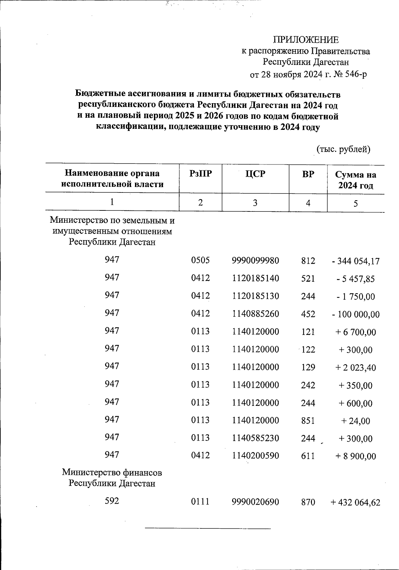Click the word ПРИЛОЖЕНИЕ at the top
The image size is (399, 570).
[x=306, y=40]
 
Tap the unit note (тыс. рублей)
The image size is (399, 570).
[x=343, y=149]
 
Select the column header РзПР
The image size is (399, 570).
[x=200, y=173]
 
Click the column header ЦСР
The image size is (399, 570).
[x=255, y=173]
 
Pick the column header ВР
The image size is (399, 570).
[x=308, y=173]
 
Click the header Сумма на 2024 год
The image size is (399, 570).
[x=355, y=180]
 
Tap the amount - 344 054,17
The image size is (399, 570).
[x=355, y=261]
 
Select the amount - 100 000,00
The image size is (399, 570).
[x=355, y=314]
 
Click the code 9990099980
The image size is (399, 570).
[x=255, y=260]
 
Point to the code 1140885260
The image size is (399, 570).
[x=255, y=314]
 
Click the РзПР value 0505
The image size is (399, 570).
[x=200, y=260]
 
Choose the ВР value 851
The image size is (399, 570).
[x=308, y=421]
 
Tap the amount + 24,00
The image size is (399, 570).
[x=355, y=421]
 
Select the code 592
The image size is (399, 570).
[x=112, y=501]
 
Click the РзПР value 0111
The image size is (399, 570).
[x=200, y=502]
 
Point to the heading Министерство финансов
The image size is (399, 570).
[x=112, y=472]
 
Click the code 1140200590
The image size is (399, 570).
[x=255, y=456]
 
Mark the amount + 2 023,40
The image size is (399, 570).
[x=355, y=368]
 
